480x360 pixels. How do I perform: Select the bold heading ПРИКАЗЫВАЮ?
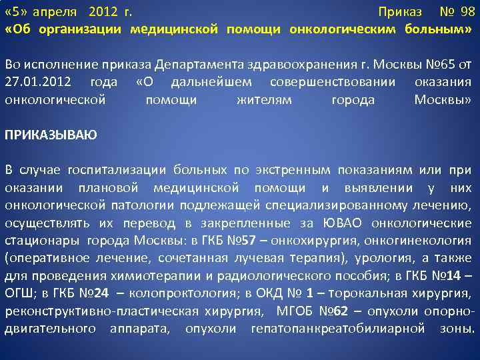pyautogui.click(x=51, y=135)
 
